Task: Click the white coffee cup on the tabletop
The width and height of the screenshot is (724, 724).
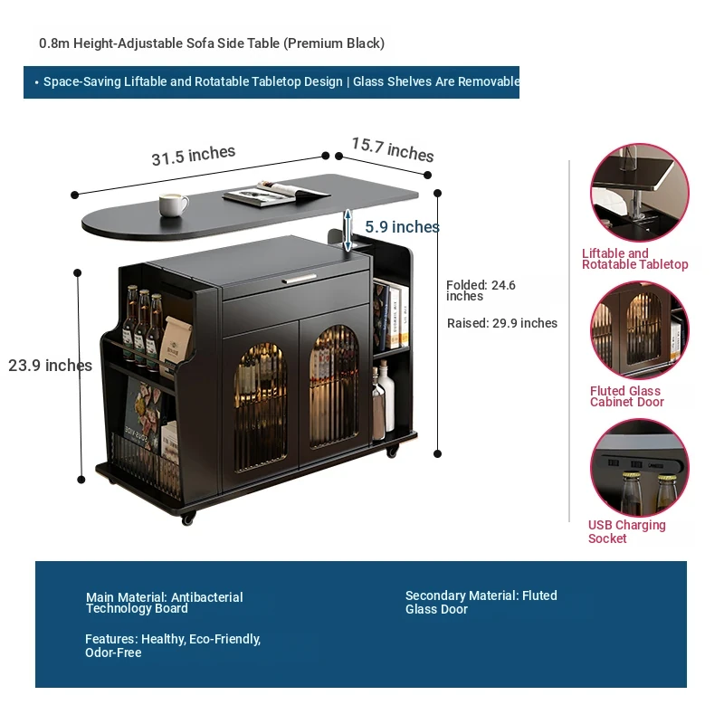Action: (173, 205)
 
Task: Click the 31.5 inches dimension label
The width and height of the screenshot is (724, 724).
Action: (193, 156)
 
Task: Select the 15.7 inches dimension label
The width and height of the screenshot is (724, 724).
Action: (393, 149)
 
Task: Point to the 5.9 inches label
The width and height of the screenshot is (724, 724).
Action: (402, 227)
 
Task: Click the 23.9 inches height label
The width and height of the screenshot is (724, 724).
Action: (50, 366)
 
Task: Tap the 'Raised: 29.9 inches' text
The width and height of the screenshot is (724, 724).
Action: (502, 323)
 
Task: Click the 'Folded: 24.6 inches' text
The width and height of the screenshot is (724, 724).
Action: (481, 291)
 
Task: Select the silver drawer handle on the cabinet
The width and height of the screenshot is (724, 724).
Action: (299, 279)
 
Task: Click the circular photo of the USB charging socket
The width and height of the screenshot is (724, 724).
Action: (640, 467)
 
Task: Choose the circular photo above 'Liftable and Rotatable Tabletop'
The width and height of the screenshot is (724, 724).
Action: (640, 192)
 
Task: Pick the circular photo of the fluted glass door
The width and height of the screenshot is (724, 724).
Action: (640, 329)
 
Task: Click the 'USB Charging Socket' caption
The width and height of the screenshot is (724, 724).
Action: (626, 532)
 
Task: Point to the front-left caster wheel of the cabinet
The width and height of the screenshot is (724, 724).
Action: (188, 519)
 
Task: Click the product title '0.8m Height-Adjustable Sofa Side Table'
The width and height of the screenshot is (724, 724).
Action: (212, 43)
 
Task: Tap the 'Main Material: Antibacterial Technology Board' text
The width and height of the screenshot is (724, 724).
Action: (165, 603)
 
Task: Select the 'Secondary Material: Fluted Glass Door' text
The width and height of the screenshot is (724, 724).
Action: (481, 603)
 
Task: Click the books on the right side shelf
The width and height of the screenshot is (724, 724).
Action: (391, 318)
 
